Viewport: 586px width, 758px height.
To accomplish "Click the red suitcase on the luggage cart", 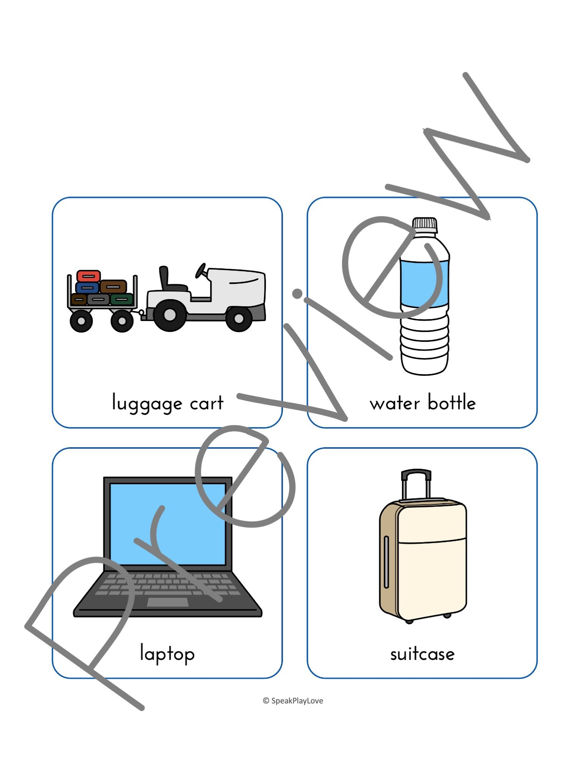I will click(88, 276).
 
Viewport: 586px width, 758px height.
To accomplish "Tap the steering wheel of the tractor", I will click(200, 270).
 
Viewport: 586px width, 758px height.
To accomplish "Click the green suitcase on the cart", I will click(122, 299).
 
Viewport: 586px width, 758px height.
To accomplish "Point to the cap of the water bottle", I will click(425, 224).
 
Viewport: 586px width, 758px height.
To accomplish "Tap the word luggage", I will click(147, 403).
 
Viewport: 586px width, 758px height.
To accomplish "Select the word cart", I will click(206, 403).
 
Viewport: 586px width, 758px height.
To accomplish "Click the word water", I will click(394, 403).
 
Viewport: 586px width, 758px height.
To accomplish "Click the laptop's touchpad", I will click(167, 602).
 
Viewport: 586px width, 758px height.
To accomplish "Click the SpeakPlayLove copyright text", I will click(293, 701).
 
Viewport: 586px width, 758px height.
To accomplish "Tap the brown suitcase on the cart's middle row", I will click(113, 287).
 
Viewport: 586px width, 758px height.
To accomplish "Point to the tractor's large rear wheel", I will click(170, 315).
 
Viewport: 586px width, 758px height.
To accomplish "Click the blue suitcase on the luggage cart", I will click(87, 288).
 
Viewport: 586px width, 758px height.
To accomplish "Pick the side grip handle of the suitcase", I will click(386, 561).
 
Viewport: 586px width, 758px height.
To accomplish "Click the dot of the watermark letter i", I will click(297, 293).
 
